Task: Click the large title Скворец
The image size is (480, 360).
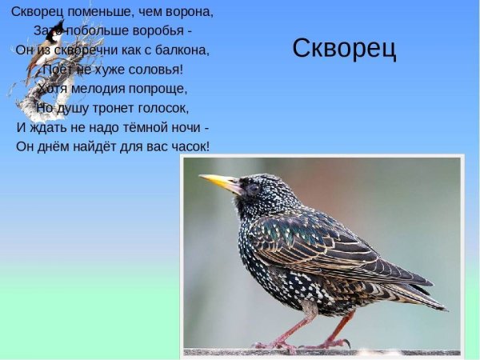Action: (x=344, y=49)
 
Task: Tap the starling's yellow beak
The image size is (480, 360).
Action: (x=217, y=182)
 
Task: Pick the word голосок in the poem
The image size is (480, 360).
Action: (x=162, y=107)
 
